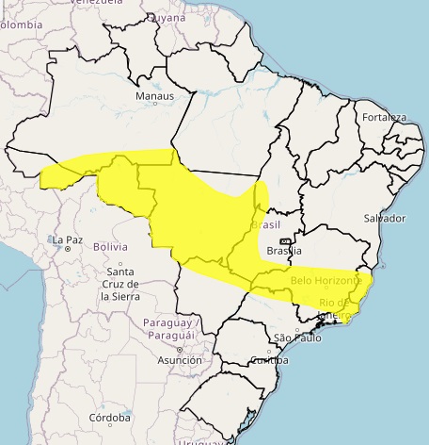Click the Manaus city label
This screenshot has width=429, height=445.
coord(154,96)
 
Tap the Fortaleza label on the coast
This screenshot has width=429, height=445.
coord(383,118)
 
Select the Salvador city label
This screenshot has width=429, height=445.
coord(384,218)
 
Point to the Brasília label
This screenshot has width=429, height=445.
coord(283,251)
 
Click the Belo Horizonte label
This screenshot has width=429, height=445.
coord(326,281)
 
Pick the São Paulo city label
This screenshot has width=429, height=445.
coord(295,338)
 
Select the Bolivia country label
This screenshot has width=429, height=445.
coord(110,247)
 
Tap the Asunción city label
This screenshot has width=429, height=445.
coord(179,360)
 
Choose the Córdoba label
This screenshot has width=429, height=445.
coord(110,417)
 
